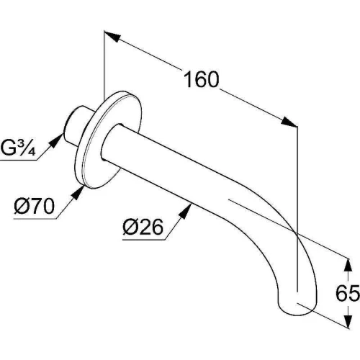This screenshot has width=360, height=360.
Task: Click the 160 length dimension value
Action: (202, 79)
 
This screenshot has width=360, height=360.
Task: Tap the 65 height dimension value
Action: (348, 293)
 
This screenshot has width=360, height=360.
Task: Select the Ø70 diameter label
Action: (35, 206)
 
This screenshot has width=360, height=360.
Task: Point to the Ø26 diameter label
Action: (143, 227)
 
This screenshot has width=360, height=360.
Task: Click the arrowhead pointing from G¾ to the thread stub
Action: (56, 141)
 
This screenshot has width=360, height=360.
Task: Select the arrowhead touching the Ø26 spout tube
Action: (186, 211)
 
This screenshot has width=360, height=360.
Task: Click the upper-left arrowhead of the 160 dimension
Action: (112, 36)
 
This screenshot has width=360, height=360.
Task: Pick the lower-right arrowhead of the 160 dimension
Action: (289, 122)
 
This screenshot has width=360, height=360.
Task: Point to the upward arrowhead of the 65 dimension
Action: (348, 265)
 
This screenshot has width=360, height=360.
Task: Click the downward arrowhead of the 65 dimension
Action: (348, 321)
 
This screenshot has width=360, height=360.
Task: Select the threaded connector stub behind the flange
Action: (77, 126)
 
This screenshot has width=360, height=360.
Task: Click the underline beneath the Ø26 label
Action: (144, 240)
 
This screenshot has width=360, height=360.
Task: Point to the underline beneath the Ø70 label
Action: (35, 219)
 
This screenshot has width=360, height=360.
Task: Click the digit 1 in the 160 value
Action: (189, 79)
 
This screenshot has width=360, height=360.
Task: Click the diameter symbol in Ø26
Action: (130, 227)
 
